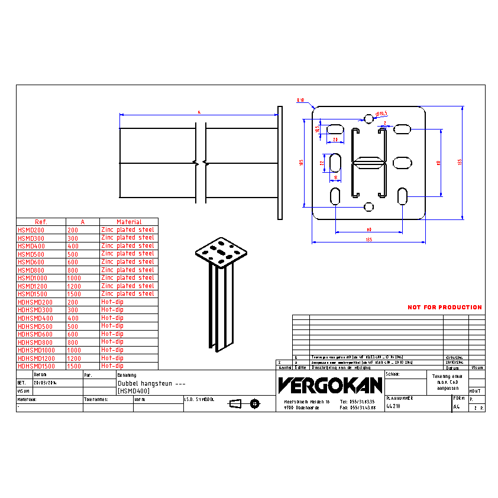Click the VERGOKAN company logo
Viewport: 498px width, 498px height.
(x=330, y=386)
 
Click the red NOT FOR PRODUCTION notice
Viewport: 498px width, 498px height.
(x=444, y=308)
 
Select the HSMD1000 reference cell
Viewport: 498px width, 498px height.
(x=32, y=278)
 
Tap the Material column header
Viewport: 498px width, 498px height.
(x=128, y=222)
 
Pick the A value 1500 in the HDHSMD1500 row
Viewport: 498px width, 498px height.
(x=74, y=366)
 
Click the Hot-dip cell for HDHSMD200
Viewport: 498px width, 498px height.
(x=112, y=302)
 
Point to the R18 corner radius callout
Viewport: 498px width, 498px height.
(x=300, y=100)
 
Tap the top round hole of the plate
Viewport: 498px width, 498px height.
(x=369, y=119)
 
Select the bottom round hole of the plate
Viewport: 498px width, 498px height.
(x=369, y=207)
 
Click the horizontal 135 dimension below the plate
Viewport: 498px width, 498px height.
(x=368, y=240)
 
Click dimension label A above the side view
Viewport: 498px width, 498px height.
(x=199, y=111)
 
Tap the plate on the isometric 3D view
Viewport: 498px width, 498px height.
(x=221, y=253)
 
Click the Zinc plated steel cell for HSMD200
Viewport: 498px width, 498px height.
(x=128, y=229)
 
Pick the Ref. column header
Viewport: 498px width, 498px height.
(x=41, y=222)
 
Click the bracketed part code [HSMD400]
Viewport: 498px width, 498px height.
(x=134, y=391)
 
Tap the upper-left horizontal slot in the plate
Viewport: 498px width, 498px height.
(x=335, y=129)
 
